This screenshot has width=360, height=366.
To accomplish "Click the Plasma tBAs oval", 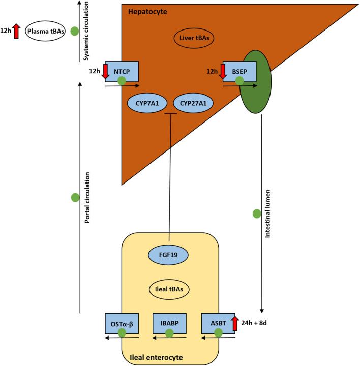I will pyautogui.click(x=46, y=31).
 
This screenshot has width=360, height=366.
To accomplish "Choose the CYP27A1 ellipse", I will pyautogui.click(x=194, y=103).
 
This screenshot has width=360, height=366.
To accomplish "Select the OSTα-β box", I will pyautogui.click(x=122, y=322).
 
